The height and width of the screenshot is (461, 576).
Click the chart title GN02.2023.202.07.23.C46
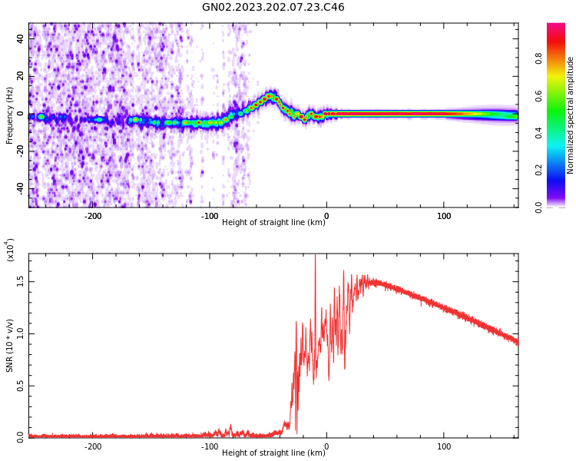pyautogui.click(x=273, y=8)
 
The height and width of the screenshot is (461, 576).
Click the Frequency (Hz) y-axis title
pyautogui.click(x=10, y=115)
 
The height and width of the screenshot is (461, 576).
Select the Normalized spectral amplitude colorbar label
pyautogui.click(x=571, y=115)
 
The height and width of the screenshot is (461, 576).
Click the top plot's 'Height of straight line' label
pyautogui.click(x=273, y=223)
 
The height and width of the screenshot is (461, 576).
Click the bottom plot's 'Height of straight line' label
pyautogui.click(x=273, y=453)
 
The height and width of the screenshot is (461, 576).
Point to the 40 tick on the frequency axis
pyautogui.click(x=21, y=38)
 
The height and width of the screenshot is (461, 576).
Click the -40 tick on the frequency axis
pyautogui.click(x=21, y=188)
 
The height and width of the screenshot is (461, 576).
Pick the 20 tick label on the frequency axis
pyautogui.click(x=21, y=76)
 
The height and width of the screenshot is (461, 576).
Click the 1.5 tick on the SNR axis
pyautogui.click(x=21, y=281)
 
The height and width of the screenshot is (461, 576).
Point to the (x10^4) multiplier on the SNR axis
pyautogui.click(x=11, y=250)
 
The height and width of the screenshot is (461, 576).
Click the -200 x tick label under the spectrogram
pyautogui.click(x=92, y=216)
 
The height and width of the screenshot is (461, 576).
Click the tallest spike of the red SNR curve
pyautogui.click(x=315, y=257)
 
